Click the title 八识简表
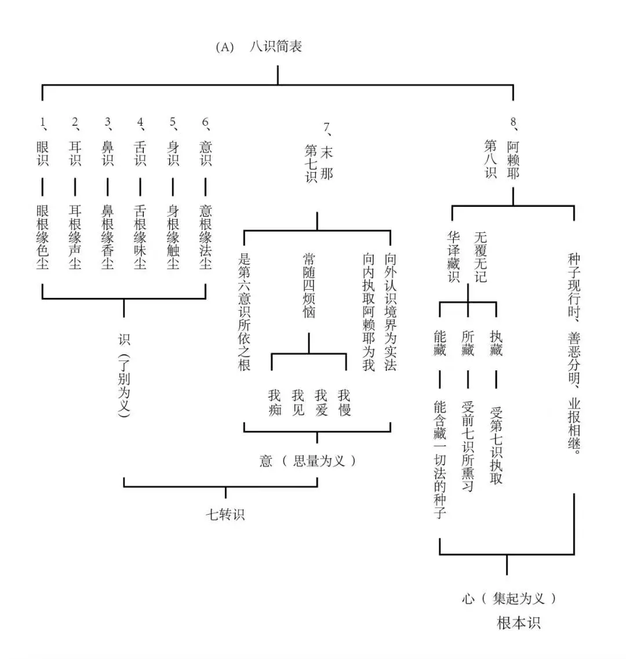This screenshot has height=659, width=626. tap(275, 47)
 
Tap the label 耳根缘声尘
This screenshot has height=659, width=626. tap(75, 236)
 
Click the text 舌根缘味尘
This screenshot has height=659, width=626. tap(140, 236)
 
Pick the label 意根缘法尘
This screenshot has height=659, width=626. tap(206, 236)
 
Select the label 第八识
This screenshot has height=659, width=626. tap(491, 158)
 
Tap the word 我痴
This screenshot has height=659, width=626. tap(274, 402)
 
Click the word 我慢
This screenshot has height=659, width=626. tap(344, 402)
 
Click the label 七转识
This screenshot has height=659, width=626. tap(225, 514)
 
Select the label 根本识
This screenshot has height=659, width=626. tap(519, 623)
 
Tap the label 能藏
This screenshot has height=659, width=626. tap(440, 343)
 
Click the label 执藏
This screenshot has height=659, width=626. tap(496, 343)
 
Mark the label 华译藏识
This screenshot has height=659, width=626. tap(453, 256)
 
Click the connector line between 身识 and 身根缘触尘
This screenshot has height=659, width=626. tap(173, 187)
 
